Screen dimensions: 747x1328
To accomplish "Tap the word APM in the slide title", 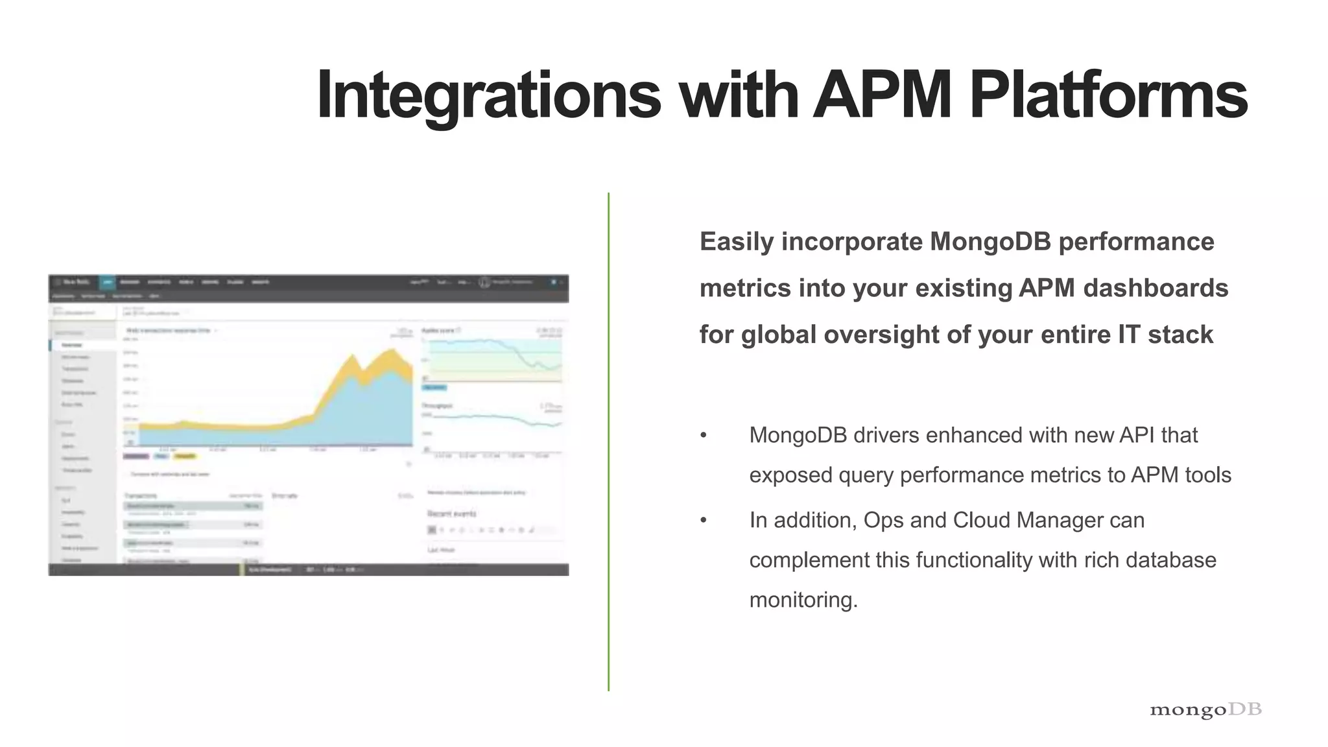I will coord(881,95).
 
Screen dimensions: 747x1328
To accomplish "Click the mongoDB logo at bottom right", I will coord(1205,709).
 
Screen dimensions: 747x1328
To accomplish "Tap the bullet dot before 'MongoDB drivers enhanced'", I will coord(703,435).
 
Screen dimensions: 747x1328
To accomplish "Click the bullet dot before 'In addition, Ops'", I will coord(703,520).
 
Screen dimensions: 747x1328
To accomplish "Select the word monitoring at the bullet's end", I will coord(803,600).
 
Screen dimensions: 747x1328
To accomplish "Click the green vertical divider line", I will coord(608,441).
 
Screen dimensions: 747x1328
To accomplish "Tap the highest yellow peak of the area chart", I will coord(392,351).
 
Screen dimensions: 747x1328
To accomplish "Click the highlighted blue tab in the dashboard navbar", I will coord(108,282).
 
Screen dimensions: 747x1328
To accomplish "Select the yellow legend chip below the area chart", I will coord(185,456).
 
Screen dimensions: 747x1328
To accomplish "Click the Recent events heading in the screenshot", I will coord(452,514).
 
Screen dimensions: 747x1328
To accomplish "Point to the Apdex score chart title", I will coord(438,331).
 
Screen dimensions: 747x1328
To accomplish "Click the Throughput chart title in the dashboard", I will coord(437,406).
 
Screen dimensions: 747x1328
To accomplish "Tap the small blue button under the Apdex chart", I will coord(434,387).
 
